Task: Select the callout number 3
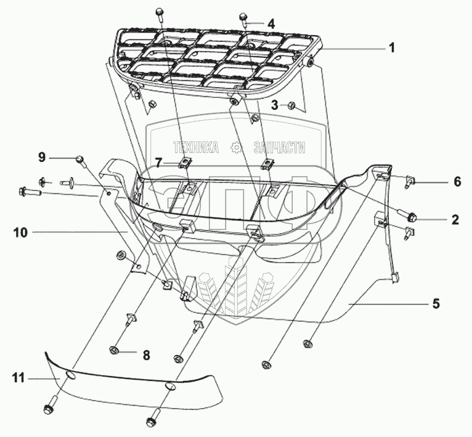click(x=276, y=105)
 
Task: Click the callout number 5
click(x=436, y=303)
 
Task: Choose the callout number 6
click(x=457, y=182)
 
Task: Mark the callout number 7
click(x=158, y=163)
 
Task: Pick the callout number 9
click(x=42, y=158)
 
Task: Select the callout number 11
click(x=21, y=378)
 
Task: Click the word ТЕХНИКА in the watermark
click(x=196, y=147)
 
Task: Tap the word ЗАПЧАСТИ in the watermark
click(x=279, y=147)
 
